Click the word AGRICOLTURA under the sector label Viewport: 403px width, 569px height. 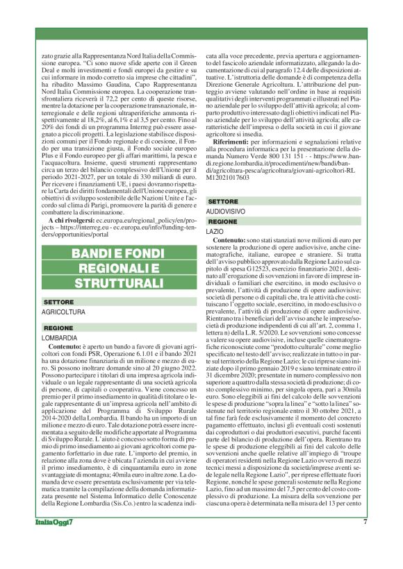(x=64, y=313)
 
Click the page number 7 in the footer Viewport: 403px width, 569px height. (x=365, y=543)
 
